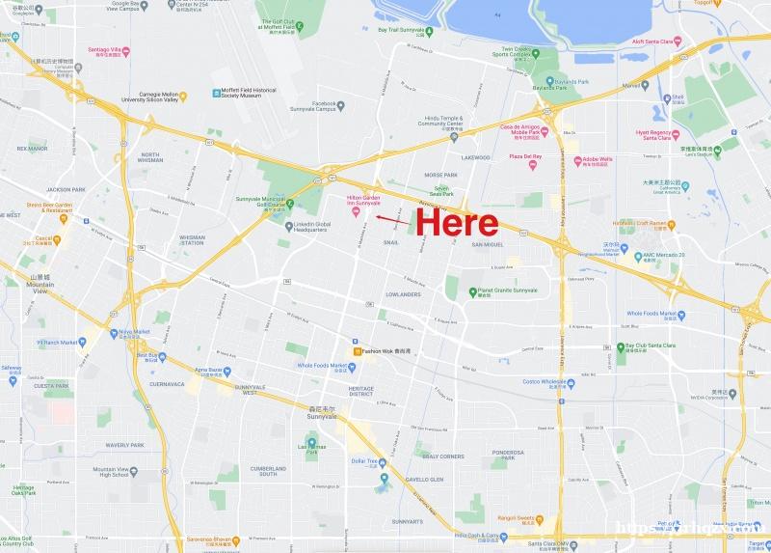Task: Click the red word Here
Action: tap(458, 225)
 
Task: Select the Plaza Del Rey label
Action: tap(525, 156)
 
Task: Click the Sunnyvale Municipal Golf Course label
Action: tap(261, 202)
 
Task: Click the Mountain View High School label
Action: tap(111, 471)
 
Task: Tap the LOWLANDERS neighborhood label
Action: tap(403, 293)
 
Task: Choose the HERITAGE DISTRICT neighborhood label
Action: tap(360, 392)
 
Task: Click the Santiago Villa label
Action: tap(107, 50)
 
